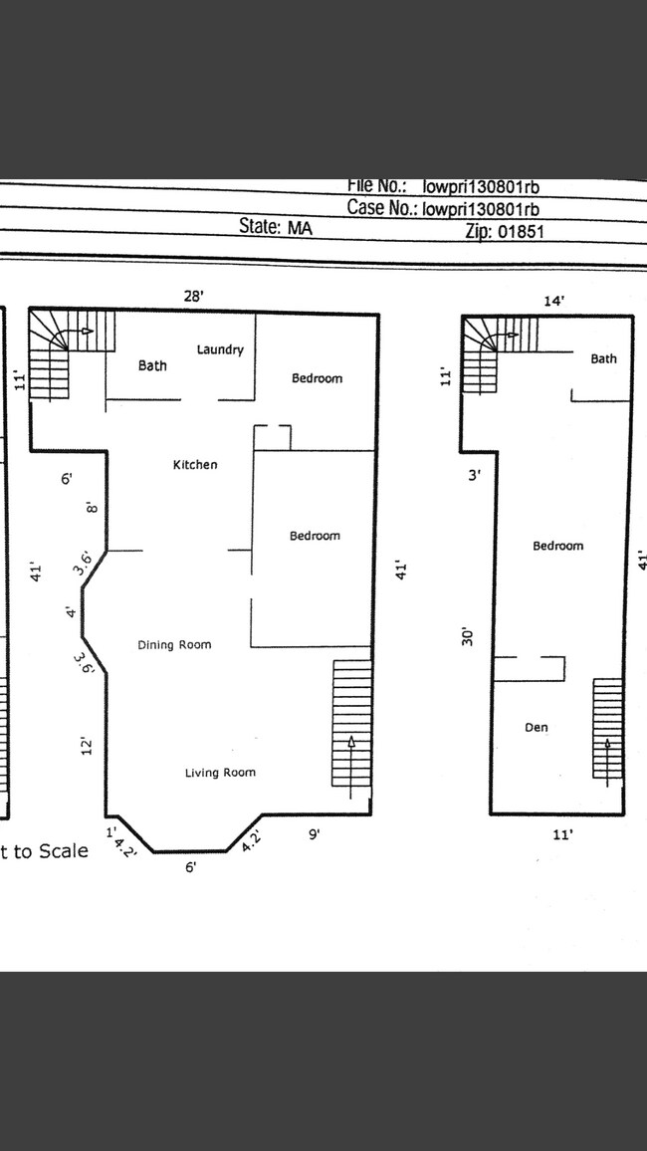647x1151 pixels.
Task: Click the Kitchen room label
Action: (195, 465)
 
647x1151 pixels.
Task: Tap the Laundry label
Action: (220, 349)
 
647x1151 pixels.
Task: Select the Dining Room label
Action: (174, 645)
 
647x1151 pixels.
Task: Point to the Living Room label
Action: (220, 773)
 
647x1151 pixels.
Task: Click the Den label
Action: (536, 728)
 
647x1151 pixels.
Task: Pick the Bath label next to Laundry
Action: (152, 366)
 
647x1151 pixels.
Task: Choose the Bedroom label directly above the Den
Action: (557, 547)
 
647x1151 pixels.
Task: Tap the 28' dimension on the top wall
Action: (193, 296)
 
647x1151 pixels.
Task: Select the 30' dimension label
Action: (468, 635)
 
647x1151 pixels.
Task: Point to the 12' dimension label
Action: (88, 747)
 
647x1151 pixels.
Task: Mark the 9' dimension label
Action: (314, 835)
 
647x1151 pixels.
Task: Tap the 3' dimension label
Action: (475, 476)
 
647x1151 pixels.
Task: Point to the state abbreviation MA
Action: (299, 227)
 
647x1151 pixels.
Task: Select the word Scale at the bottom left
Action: (64, 851)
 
